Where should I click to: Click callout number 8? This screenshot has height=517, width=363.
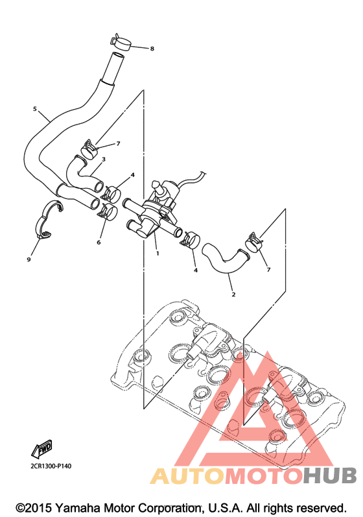152,49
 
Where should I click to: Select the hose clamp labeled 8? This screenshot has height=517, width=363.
121,42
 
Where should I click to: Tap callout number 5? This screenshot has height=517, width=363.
34,109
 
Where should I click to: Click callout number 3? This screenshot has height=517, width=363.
104,160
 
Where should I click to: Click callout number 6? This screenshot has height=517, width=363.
99,243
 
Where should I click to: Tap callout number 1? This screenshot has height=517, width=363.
158,254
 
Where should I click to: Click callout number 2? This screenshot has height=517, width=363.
233,295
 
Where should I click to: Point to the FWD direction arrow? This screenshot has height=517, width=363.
42,449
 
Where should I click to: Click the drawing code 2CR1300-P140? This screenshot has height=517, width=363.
51,466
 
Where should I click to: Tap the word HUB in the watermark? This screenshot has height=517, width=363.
330,475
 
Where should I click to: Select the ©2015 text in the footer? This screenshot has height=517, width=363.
34,508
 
